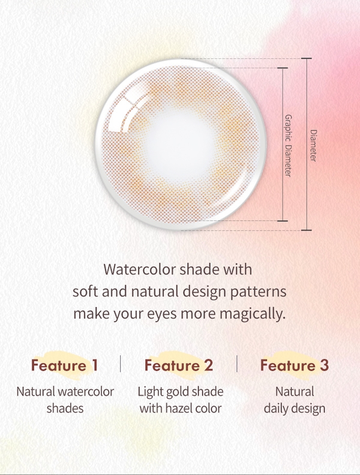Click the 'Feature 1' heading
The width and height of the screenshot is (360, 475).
[x=65, y=365]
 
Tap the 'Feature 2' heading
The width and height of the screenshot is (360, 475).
[x=179, y=365]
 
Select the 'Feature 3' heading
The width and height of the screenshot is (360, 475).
[x=294, y=365]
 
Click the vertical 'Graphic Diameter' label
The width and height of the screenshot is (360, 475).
[x=288, y=145]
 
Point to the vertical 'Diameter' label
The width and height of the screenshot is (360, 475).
[x=313, y=145]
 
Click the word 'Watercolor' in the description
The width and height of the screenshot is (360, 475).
[x=139, y=269]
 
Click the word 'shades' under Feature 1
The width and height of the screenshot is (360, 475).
[x=65, y=408]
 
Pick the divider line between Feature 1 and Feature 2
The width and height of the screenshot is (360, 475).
[x=121, y=363]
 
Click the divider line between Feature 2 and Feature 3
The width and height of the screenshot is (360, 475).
[x=236, y=363]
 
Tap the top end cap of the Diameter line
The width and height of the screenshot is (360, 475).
[x=307, y=58]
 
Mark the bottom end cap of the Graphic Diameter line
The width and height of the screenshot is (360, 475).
[x=283, y=221]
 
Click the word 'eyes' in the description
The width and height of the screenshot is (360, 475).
[x=161, y=314]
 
